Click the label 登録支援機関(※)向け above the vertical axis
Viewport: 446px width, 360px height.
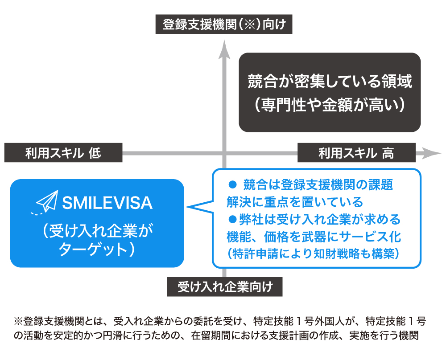point(223,25)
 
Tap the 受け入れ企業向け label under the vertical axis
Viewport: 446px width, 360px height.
point(224,287)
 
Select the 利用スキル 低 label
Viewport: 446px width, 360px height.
point(63,153)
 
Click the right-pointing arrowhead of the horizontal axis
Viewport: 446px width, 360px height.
point(430,153)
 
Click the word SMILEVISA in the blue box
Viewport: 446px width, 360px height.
point(107,204)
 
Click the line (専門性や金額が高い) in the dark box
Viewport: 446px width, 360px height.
point(330,106)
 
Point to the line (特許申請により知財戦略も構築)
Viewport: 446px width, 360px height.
point(312,254)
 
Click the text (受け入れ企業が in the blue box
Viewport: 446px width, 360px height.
point(97,230)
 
